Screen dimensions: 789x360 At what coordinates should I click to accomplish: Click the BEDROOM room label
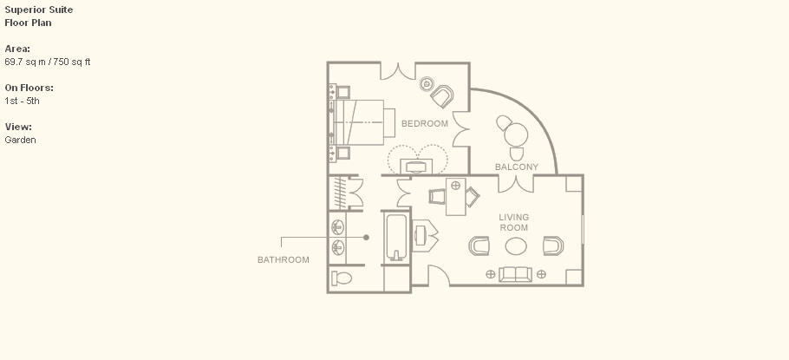click(424, 123)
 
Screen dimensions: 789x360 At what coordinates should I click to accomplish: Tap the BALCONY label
click(516, 167)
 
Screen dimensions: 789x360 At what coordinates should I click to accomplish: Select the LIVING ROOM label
click(514, 222)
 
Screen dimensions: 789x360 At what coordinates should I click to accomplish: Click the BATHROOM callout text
click(284, 259)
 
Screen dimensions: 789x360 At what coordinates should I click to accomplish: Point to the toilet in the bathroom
click(342, 278)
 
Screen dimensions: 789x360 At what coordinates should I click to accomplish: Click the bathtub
click(396, 237)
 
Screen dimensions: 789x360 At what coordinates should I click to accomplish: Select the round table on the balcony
click(516, 134)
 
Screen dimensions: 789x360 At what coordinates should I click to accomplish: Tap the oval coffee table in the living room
click(516, 246)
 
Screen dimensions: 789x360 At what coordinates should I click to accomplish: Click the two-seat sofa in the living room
click(515, 274)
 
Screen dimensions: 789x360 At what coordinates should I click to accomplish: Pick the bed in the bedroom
click(362, 122)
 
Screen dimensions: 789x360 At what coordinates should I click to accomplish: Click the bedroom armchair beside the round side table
click(442, 96)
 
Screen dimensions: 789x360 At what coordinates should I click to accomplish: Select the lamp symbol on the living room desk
click(455, 186)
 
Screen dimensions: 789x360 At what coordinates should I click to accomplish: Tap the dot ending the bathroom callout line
click(366, 237)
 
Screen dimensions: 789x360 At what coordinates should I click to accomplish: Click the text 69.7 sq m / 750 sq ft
click(48, 62)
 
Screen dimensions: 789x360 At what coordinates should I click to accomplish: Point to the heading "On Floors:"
click(29, 88)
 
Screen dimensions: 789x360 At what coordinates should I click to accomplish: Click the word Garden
click(20, 140)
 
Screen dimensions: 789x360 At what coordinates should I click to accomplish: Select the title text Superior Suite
click(39, 10)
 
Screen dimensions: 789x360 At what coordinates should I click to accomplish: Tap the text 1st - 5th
click(22, 101)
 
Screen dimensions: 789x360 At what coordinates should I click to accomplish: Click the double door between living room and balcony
click(516, 183)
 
